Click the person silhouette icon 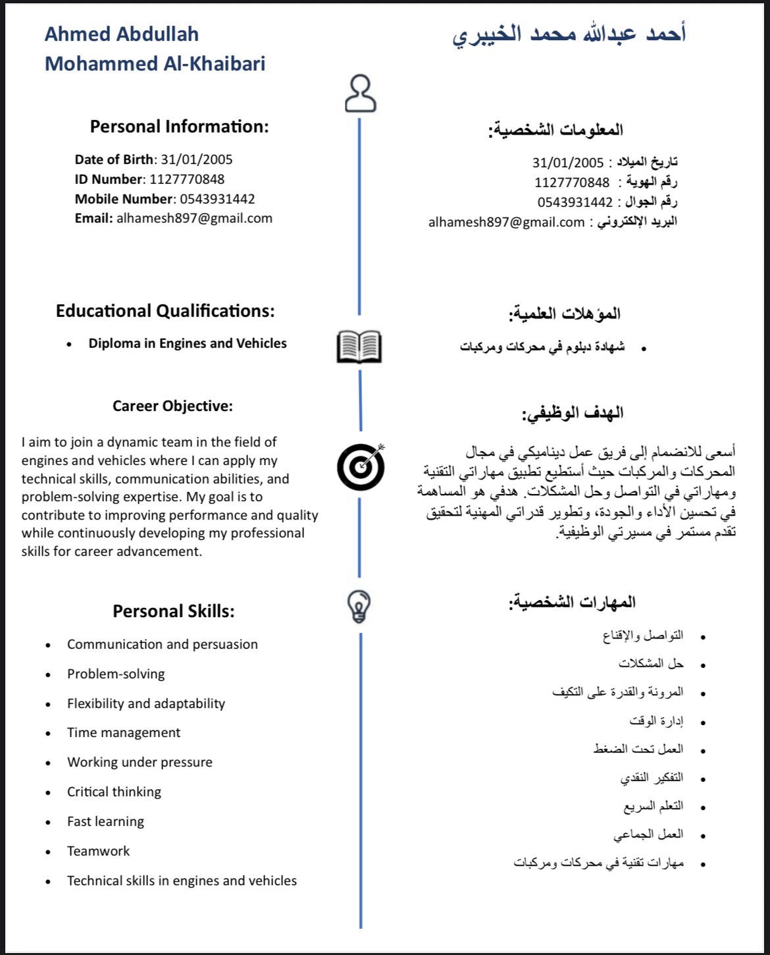(x=360, y=94)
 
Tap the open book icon (x=359, y=347)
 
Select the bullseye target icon (x=361, y=466)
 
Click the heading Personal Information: (x=179, y=126)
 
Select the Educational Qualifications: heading (x=165, y=311)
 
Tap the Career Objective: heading (x=172, y=406)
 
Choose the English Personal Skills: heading (x=174, y=611)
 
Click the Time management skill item (x=124, y=732)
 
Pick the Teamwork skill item (x=99, y=851)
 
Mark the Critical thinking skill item (x=114, y=792)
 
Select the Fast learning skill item (x=105, y=821)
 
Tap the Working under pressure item (x=140, y=762)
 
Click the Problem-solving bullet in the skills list (x=116, y=674)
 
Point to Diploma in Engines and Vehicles (x=188, y=343)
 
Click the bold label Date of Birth (x=114, y=159)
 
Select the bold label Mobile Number (x=123, y=199)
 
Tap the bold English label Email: (x=94, y=219)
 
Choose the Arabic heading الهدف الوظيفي (x=573, y=414)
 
